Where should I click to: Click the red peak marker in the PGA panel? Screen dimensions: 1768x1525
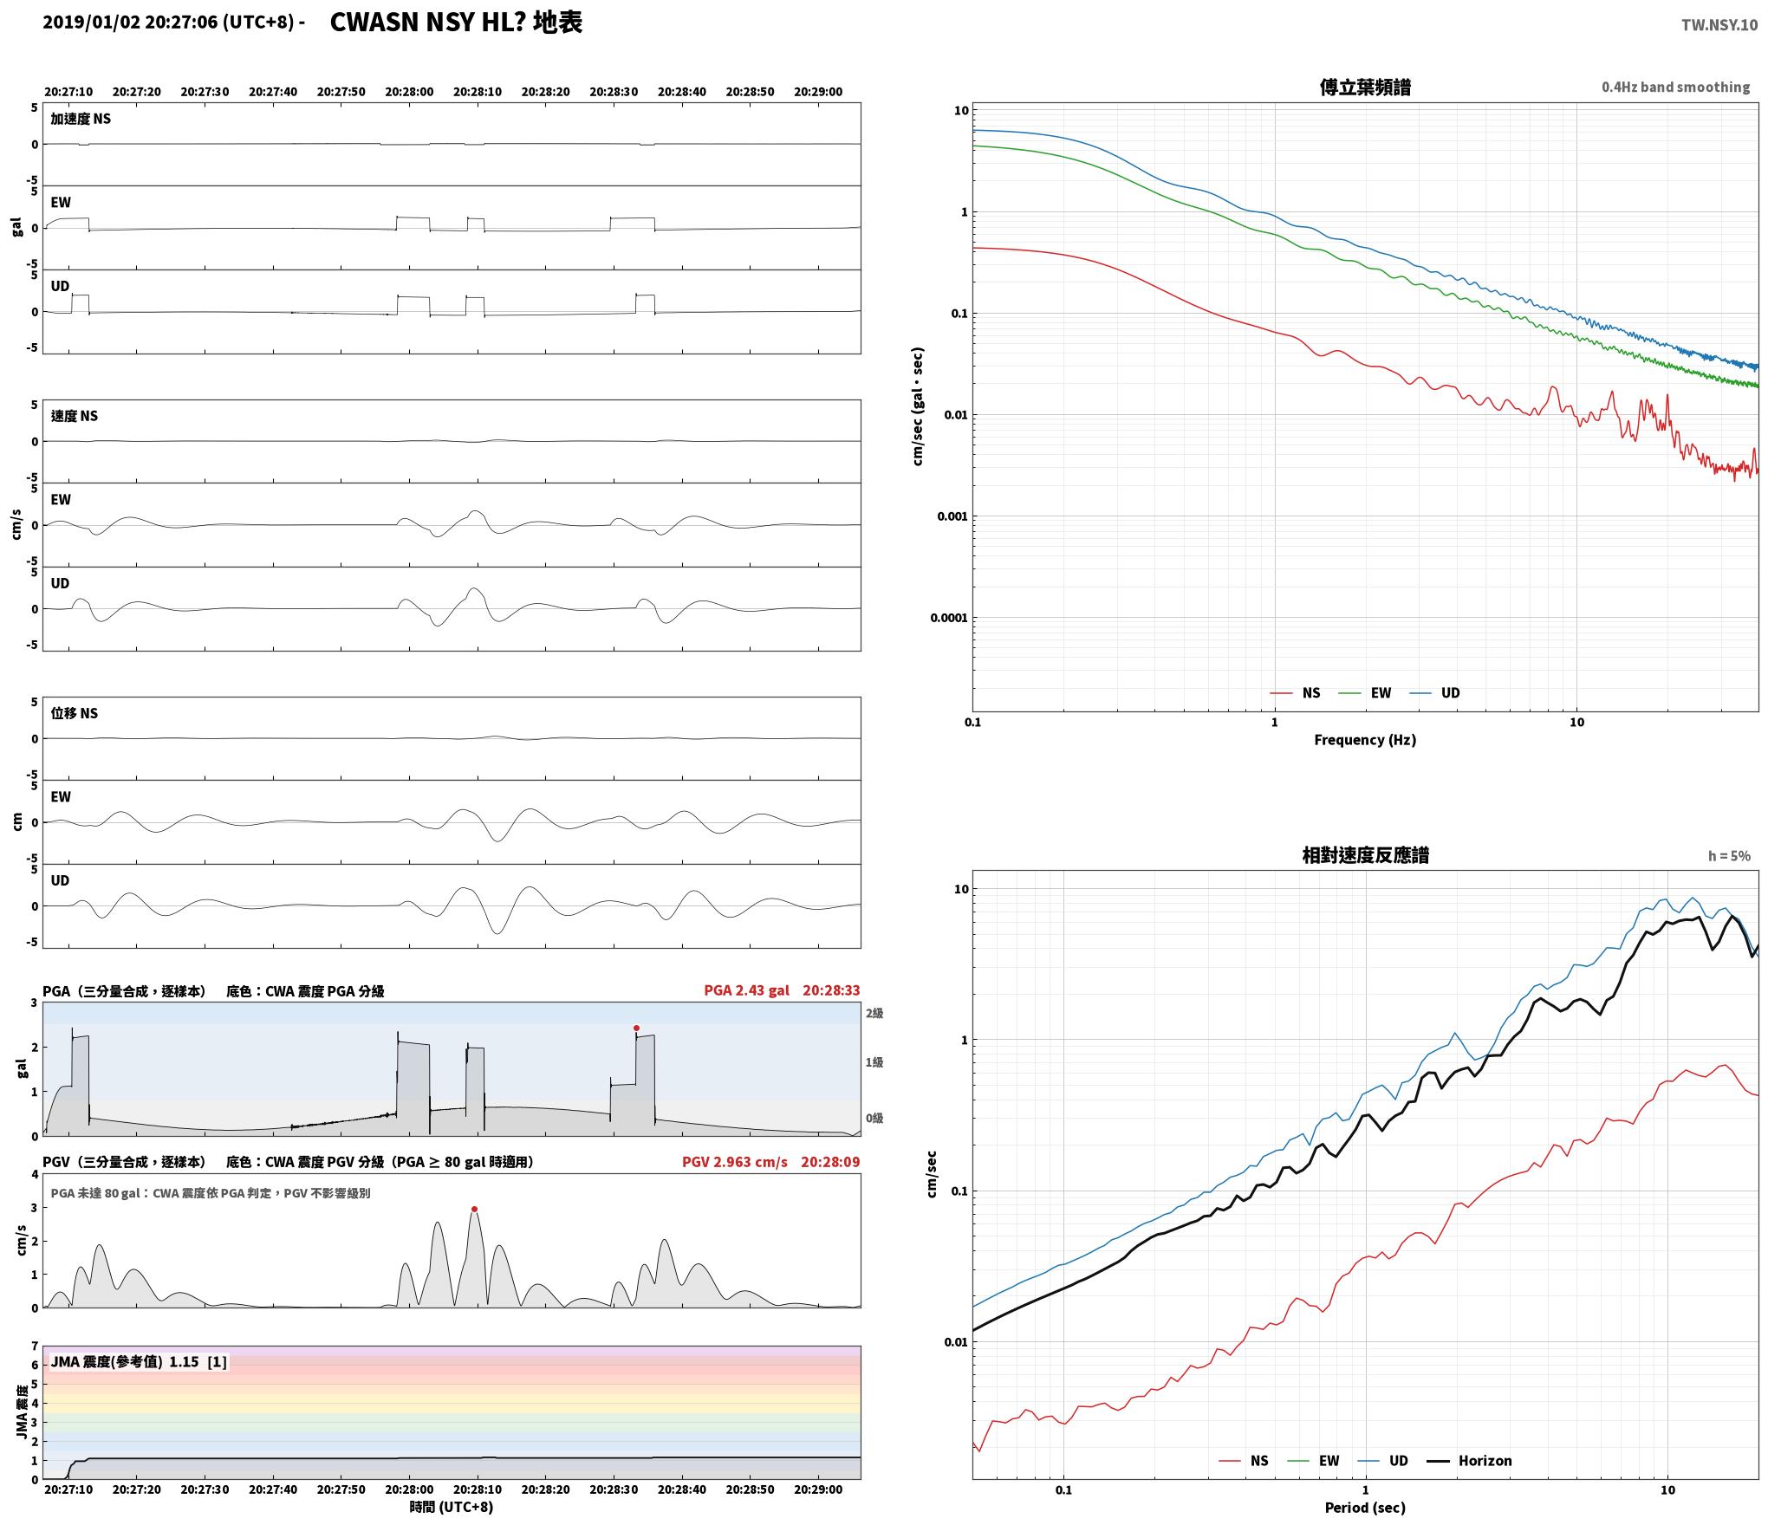click(x=636, y=1029)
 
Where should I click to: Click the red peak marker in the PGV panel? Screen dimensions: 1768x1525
click(x=474, y=1209)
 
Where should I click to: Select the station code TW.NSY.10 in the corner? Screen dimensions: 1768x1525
click(x=1719, y=25)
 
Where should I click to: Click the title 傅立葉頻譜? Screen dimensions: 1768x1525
click(x=1365, y=88)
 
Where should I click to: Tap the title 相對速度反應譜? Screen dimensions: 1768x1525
click(x=1365, y=855)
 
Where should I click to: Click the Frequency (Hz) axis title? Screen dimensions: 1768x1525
click(x=1365, y=740)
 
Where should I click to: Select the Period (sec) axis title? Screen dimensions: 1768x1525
click(x=1365, y=1508)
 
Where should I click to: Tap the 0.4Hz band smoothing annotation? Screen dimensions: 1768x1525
click(x=1675, y=88)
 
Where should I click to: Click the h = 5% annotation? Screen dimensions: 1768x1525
click(x=1729, y=856)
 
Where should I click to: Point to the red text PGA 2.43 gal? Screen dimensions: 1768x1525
click(x=746, y=990)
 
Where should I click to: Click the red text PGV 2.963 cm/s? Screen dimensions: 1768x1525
click(x=735, y=1161)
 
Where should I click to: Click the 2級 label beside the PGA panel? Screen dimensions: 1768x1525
click(x=874, y=1013)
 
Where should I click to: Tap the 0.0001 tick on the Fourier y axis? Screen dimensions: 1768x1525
click(x=948, y=618)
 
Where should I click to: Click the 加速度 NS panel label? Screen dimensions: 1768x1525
click(x=81, y=119)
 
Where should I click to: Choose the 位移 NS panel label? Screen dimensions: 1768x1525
click(x=75, y=713)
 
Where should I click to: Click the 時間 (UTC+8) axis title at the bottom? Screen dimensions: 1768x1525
click(x=452, y=1507)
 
